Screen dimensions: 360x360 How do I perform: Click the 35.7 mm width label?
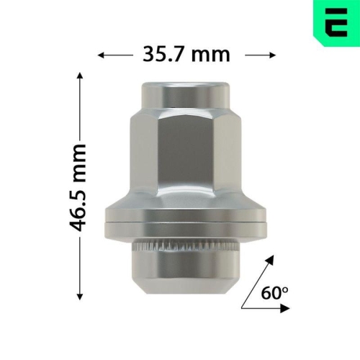pos(186,54)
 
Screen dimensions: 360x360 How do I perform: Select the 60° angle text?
pos(274,294)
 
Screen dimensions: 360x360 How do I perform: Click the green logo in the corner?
pos(337,22)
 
